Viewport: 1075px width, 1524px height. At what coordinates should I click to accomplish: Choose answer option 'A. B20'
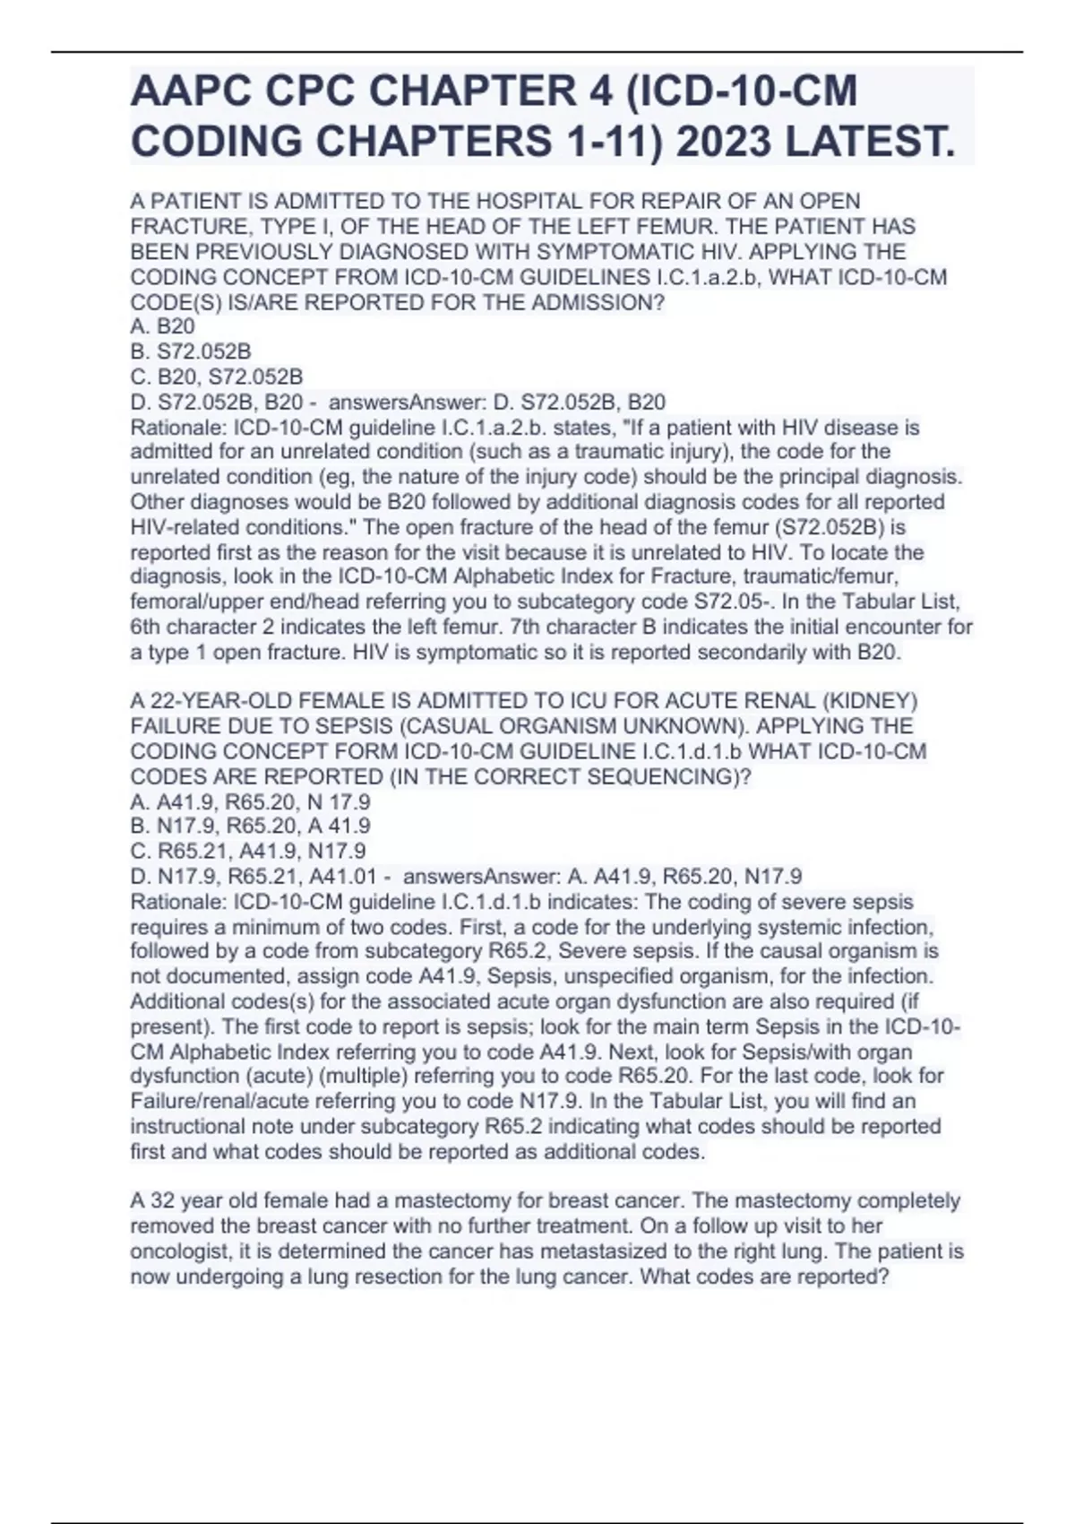click(162, 327)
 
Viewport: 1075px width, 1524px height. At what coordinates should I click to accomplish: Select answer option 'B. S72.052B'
click(191, 352)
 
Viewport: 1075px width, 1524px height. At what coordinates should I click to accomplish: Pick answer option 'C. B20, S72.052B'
click(216, 377)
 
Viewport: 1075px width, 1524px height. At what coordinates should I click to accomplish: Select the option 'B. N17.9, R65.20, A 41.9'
click(250, 826)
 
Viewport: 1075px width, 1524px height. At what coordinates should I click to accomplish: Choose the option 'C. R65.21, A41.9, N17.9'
click(248, 851)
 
